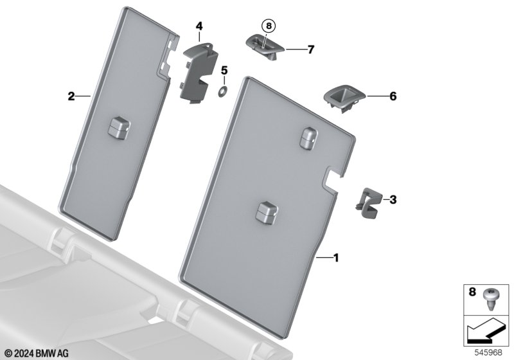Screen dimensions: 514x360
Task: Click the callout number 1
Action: tap(335, 258)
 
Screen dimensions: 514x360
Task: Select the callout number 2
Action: tap(71, 96)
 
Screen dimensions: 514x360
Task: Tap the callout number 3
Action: tap(393, 199)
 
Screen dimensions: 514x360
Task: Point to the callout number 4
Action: tap(199, 26)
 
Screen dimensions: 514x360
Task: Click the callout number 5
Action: tap(224, 70)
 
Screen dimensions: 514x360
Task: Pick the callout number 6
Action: tap(393, 96)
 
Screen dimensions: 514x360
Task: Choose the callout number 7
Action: tap(311, 50)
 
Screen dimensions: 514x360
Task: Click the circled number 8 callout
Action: tap(269, 26)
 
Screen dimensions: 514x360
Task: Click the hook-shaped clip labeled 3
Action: tap(369, 203)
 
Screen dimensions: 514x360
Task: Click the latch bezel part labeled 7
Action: tap(265, 46)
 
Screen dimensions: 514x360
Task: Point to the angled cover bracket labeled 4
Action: tap(198, 73)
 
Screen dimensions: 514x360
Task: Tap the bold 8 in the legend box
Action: tap(472, 291)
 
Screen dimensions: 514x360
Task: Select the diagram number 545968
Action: tap(488, 352)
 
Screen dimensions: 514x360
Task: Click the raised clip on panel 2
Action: tap(119, 127)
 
